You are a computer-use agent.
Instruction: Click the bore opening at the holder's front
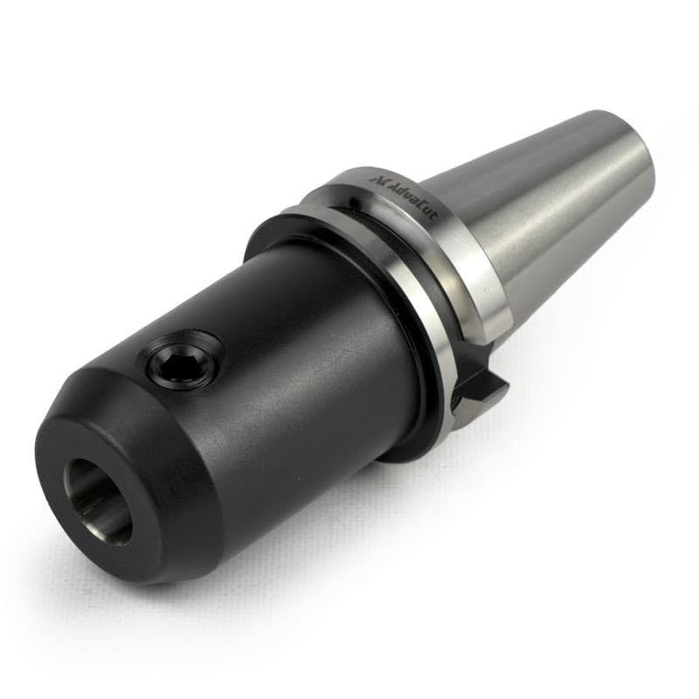point(98,501)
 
